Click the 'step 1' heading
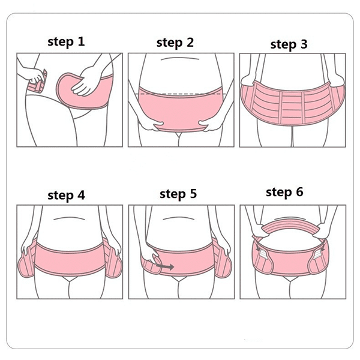66,42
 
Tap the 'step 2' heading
175,43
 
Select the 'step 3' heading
289,44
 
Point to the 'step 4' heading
66,196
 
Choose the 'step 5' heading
178,194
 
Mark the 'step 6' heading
284,192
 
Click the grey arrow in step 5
165,266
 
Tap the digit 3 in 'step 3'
304,44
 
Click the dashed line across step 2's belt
181,94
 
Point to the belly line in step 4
69,218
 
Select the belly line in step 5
179,218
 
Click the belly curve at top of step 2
180,59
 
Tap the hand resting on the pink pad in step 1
83,81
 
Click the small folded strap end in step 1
38,83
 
